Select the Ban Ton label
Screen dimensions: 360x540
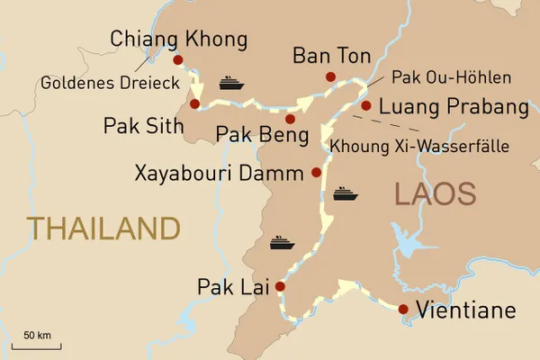331,57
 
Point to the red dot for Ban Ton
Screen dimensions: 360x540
330,76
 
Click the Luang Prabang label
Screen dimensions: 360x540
454,107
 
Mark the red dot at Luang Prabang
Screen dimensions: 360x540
365,105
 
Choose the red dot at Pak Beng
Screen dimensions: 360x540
290,119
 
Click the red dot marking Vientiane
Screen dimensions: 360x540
402,310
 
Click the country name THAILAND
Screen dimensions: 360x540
103,228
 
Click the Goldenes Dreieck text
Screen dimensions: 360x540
110,83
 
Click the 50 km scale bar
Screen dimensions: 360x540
36,345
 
